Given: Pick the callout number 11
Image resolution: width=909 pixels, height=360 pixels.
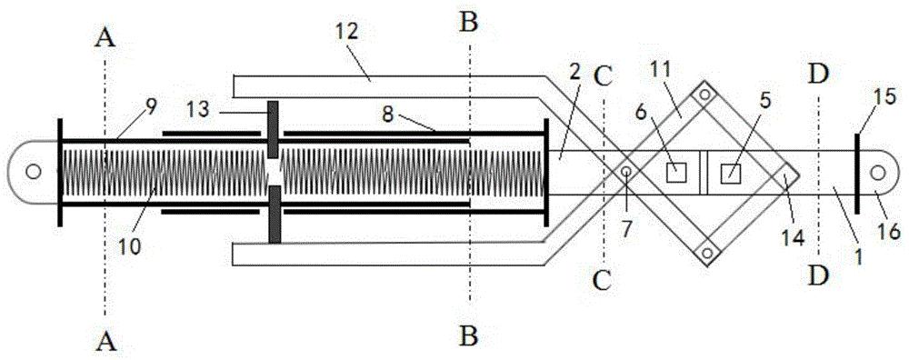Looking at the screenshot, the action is point(660,69).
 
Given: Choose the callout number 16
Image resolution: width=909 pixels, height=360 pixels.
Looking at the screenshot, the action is point(889,232).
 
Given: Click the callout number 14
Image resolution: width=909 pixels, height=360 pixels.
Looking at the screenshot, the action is point(792,237).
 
